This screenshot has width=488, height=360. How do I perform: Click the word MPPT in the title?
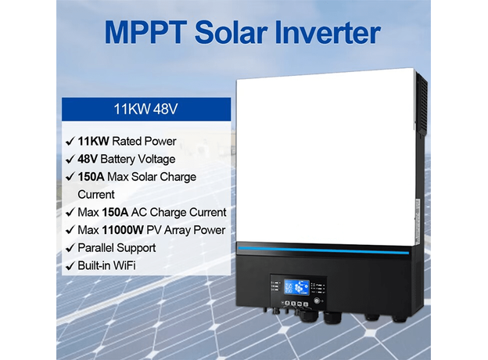145,32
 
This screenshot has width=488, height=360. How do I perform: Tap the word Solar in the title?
231,32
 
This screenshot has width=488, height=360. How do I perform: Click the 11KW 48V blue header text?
145,109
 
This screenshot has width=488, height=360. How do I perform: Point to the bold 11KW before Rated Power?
93,142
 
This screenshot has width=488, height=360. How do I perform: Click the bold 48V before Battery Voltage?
88,159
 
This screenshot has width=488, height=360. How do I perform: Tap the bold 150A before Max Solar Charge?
91,177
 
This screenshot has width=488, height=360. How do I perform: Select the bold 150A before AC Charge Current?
115,212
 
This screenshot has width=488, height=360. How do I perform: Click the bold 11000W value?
123,230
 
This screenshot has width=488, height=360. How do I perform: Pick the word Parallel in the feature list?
97,248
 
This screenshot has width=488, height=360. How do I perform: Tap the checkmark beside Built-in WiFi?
70,266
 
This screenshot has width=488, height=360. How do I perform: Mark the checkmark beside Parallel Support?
70,249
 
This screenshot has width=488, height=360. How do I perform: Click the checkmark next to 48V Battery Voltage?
70,160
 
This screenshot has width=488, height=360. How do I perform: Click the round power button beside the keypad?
318,301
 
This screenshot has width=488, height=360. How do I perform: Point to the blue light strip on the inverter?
324,250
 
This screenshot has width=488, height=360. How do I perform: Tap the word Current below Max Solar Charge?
96,195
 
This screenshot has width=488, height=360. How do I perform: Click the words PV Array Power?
186,230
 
